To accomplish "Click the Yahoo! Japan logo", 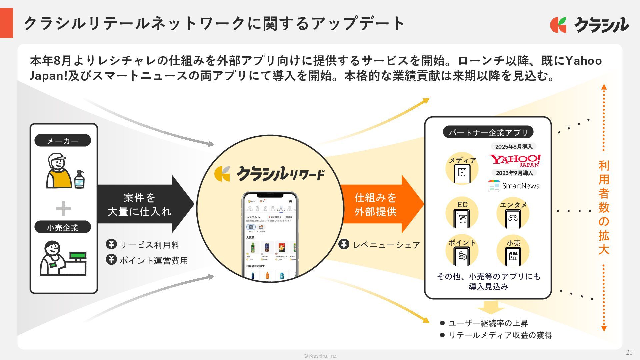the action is coord(515,160).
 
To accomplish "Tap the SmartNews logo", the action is coord(514,186).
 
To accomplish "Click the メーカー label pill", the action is coord(63,141).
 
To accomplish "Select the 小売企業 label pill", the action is coord(63,227).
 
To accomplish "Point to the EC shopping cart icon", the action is coord(462,218).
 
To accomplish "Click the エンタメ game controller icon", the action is coord(513,218).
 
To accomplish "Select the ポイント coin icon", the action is coord(462,256).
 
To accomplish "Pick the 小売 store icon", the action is coord(513,256).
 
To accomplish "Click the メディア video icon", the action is coord(462,173).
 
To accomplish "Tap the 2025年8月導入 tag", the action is coord(514,147).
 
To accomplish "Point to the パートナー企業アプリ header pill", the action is coord(488,132).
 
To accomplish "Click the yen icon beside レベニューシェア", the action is coord(344,244).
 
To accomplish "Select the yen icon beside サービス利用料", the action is coord(111,244).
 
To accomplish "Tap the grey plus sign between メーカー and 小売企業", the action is coord(63,209).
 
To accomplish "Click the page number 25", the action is coord(629,352).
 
